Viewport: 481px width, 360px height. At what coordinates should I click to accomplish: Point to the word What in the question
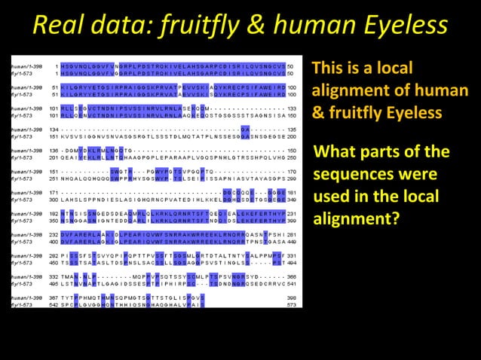point(337,152)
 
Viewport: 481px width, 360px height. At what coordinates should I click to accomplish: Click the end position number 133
point(292,108)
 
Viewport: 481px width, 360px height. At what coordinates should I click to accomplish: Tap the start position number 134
point(52,130)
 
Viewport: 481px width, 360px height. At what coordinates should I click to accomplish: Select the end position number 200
point(292,136)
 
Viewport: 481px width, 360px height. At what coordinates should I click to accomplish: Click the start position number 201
point(52,157)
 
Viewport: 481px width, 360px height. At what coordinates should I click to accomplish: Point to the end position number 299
point(292,179)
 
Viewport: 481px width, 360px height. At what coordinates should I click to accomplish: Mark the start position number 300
point(52,200)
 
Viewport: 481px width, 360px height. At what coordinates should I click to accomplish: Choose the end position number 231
point(292,215)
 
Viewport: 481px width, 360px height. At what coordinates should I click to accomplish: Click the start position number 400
point(52,243)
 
